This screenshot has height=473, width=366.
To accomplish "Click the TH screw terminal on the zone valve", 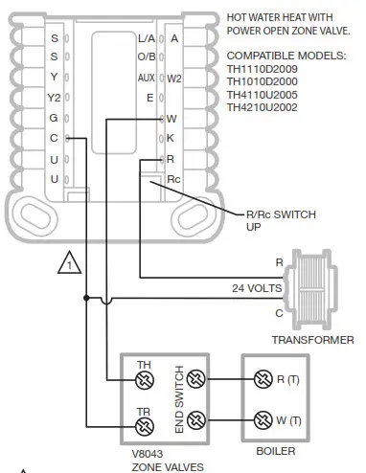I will [145, 379].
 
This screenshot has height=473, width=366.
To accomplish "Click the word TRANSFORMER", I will [312, 340].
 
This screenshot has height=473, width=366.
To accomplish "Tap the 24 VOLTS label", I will [257, 287].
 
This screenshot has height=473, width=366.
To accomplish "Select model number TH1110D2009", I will [269, 68].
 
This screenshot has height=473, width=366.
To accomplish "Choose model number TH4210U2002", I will [269, 108].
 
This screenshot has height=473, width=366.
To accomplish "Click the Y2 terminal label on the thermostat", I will [54, 97].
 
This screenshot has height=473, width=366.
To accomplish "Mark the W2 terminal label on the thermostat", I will [174, 78].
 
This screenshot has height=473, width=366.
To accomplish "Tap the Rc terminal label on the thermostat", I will [173, 178].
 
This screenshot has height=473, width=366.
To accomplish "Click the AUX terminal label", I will [146, 78].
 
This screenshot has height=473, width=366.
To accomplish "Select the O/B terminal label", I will [146, 57].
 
